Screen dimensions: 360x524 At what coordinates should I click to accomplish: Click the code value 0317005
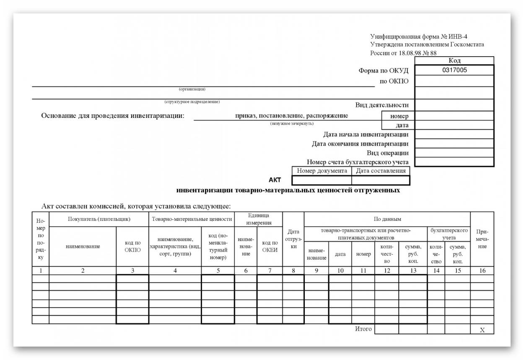click(x=454, y=70)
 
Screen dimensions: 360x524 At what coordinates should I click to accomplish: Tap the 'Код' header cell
click(x=454, y=61)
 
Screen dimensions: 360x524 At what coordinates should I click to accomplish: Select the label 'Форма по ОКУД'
click(x=383, y=70)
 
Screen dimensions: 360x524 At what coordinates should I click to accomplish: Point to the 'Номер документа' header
click(x=322, y=171)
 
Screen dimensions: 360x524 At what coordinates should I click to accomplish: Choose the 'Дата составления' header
click(x=381, y=171)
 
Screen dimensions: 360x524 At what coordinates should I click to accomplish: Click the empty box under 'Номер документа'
click(x=322, y=180)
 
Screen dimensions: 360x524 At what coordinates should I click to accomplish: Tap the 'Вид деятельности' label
click(x=382, y=105)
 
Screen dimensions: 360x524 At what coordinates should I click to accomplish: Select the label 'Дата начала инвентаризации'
click(x=366, y=134)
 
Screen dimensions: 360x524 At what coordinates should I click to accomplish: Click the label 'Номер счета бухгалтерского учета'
click(x=358, y=162)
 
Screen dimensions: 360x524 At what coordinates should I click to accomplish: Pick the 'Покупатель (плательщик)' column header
click(x=99, y=219)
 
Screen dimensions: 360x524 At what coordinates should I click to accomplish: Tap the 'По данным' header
click(x=387, y=219)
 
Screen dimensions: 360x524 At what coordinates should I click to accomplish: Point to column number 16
click(x=482, y=271)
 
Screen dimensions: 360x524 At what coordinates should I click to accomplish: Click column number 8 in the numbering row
click(x=293, y=271)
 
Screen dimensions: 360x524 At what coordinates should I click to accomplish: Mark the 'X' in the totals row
click(x=482, y=330)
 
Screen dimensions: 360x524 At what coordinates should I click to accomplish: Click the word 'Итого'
click(x=363, y=329)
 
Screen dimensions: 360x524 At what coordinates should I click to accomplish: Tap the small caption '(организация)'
click(x=192, y=89)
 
